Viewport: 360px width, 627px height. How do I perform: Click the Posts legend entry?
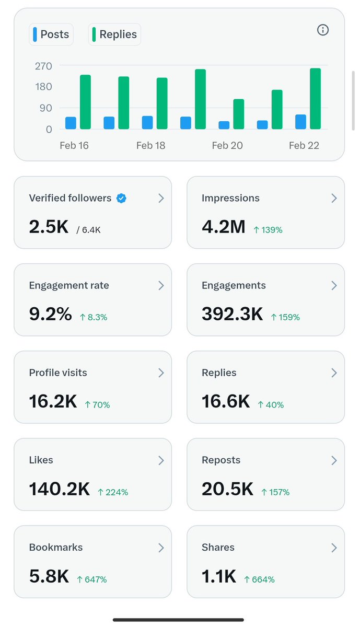click(x=51, y=34)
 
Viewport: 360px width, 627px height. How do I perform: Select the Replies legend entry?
click(x=114, y=34)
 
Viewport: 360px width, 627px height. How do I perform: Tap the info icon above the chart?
click(x=323, y=30)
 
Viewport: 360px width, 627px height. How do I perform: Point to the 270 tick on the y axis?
click(x=43, y=66)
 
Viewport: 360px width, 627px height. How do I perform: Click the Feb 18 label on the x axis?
click(x=151, y=145)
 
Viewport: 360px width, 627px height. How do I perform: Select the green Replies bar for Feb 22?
click(x=315, y=99)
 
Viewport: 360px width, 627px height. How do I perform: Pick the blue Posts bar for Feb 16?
click(x=71, y=123)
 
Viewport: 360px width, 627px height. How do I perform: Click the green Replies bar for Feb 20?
click(x=239, y=114)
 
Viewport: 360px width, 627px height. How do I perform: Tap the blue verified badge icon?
click(x=121, y=198)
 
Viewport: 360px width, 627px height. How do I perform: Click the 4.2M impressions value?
click(x=223, y=227)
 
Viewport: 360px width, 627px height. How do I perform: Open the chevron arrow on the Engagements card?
click(x=334, y=285)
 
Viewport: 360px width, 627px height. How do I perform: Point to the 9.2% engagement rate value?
click(x=50, y=314)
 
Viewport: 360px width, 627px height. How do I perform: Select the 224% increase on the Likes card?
click(x=113, y=492)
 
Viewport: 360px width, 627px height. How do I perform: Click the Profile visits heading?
click(x=58, y=373)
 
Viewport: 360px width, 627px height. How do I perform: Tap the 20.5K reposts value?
click(x=227, y=489)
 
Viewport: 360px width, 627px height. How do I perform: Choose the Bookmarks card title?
click(x=56, y=547)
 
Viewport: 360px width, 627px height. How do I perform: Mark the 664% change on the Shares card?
click(x=260, y=579)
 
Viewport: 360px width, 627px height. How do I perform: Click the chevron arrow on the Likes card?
click(x=161, y=460)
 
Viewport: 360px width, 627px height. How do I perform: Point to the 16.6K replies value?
click(x=226, y=401)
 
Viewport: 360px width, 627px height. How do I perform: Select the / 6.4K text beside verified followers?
click(x=88, y=229)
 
